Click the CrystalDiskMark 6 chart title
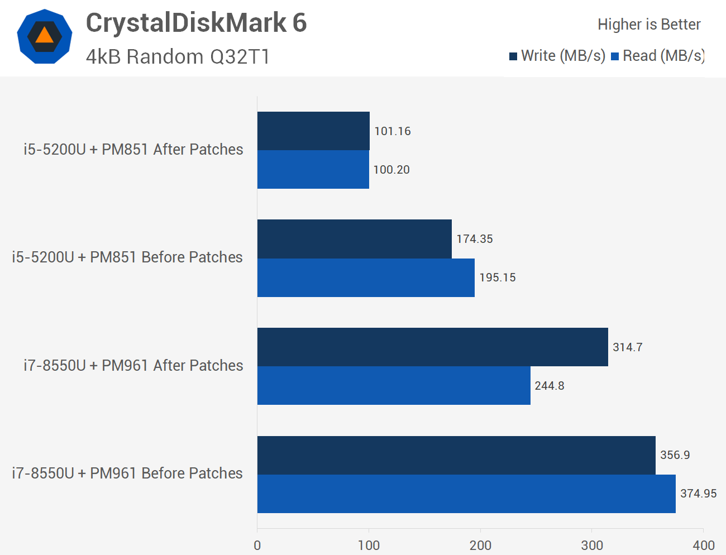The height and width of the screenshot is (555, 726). (x=196, y=23)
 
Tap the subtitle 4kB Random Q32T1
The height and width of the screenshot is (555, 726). (x=178, y=57)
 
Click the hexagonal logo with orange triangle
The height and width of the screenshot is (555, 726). (x=45, y=37)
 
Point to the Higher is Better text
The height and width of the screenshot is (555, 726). (x=648, y=25)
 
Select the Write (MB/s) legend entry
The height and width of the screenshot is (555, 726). (x=557, y=56)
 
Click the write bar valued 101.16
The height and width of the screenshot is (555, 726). (x=313, y=131)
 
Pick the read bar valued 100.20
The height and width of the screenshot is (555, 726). (x=313, y=170)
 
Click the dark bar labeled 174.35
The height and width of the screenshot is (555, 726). (x=354, y=239)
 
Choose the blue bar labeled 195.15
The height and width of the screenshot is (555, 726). (x=366, y=277)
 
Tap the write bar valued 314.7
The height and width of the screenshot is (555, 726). (x=432, y=347)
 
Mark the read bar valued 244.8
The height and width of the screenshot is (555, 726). (x=394, y=386)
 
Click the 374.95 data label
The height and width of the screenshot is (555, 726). (x=698, y=494)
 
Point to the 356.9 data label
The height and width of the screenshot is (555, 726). (x=675, y=455)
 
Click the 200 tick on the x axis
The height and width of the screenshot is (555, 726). (x=480, y=546)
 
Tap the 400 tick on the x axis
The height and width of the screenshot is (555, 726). (x=703, y=546)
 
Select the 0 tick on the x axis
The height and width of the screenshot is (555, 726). (x=257, y=546)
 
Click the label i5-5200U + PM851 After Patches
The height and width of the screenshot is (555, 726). (x=133, y=150)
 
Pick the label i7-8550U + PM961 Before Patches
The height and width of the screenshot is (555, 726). (x=127, y=473)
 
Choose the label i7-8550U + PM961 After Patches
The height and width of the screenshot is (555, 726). (x=133, y=366)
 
